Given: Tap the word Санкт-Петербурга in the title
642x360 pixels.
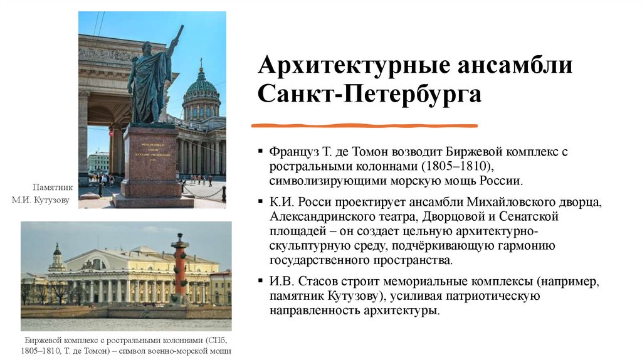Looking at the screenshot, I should click(x=370, y=95).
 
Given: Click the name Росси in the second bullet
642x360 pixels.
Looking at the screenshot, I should click(x=313, y=202).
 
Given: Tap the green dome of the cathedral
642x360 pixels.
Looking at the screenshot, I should click(x=201, y=85).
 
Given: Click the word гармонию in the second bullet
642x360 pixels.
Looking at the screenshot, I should click(x=528, y=245).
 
